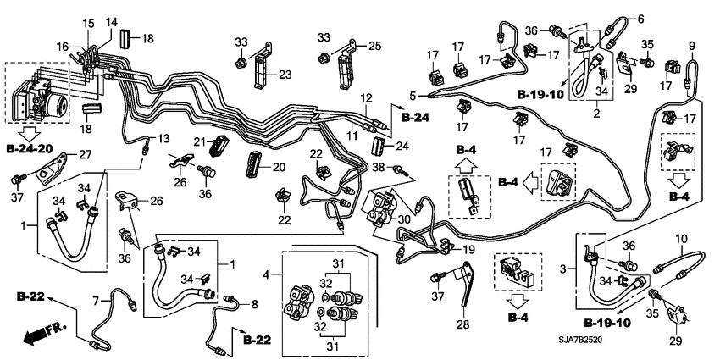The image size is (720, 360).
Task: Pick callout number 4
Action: pos(267,275)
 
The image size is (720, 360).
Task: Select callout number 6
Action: pos(640,18)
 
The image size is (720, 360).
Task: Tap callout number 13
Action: pos(164,138)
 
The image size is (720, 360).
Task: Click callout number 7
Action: pos(96,301)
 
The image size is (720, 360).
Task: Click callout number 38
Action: pos(379,168)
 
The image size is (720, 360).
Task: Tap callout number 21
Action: pos(201,141)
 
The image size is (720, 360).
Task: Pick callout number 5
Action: pos(413,95)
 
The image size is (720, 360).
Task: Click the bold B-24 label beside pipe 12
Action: pos(417,116)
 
